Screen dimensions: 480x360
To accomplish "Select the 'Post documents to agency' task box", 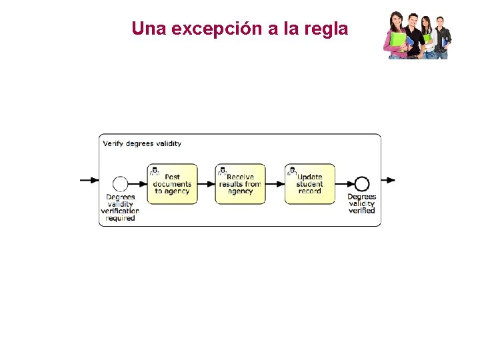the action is click(x=172, y=184).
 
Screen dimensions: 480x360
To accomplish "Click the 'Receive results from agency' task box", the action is click(x=240, y=184).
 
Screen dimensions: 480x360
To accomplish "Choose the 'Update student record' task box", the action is click(x=309, y=184).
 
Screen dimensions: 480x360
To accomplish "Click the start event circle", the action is click(x=120, y=183).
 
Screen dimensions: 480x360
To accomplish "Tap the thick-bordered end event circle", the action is click(x=361, y=183).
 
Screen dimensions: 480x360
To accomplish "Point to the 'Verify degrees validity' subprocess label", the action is click(x=142, y=143).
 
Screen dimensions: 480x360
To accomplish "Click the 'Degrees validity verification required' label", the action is click(x=120, y=207).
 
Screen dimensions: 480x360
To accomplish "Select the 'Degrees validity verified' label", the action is click(x=361, y=203).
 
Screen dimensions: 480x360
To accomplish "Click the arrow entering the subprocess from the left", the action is click(x=89, y=180).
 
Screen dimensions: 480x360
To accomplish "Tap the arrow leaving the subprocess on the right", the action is click(x=389, y=180).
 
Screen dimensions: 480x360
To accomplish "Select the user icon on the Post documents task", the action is click(x=155, y=171).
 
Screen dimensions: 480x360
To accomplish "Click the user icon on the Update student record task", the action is click(x=291, y=171).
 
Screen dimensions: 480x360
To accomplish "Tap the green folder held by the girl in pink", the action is click(x=398, y=39).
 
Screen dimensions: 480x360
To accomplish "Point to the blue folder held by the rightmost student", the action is click(x=445, y=42).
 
